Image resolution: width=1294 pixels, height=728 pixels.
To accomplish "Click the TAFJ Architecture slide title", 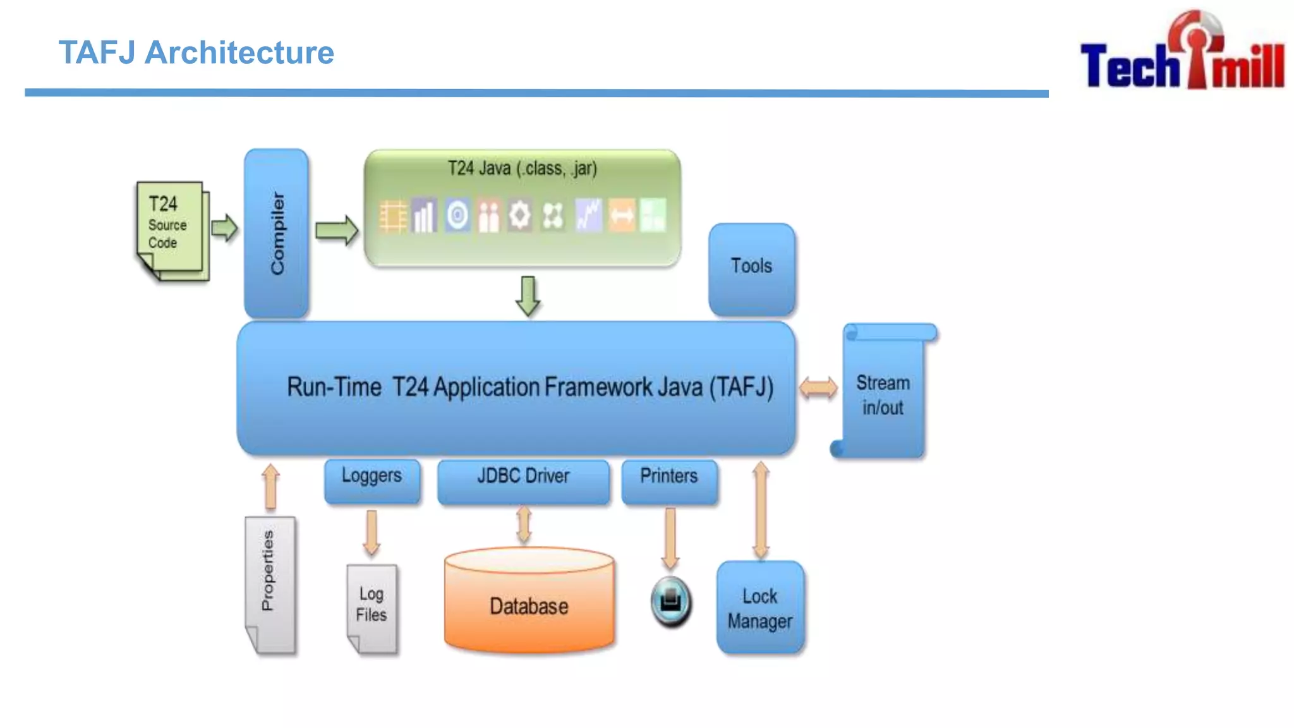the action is coord(197,52).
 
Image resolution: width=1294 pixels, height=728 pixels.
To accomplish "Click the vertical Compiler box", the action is coord(277,233).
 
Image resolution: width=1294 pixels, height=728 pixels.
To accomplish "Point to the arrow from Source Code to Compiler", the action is coord(224,228).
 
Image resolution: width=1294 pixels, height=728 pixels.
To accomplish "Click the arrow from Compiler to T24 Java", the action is coord(337,230).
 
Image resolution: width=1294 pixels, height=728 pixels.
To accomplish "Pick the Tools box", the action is coord(752,269).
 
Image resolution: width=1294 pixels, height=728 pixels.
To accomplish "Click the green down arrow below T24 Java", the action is coord(528,296).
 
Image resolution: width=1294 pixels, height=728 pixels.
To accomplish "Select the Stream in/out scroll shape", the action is coord(883,390).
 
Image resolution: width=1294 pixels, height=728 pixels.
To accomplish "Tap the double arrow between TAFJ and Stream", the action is coord(818,387).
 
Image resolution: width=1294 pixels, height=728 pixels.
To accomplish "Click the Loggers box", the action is coord(372,481).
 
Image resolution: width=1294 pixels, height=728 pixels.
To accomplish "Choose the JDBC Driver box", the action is coord(524,482).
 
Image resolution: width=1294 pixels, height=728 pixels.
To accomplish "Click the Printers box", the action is coord(670,482).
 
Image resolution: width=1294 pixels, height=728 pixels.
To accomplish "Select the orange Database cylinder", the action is coord(529,600).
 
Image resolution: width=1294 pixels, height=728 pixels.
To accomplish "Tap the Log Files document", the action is coord(372,609).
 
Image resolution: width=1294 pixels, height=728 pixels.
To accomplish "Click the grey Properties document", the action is coord(270,585).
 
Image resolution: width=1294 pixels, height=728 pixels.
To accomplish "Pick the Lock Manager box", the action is coord(761,607).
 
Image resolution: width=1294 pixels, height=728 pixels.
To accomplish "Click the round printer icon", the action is coord(671,602).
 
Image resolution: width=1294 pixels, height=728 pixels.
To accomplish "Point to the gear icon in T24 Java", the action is coord(520,215).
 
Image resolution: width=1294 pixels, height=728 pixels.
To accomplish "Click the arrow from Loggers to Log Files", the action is coord(372,532).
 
